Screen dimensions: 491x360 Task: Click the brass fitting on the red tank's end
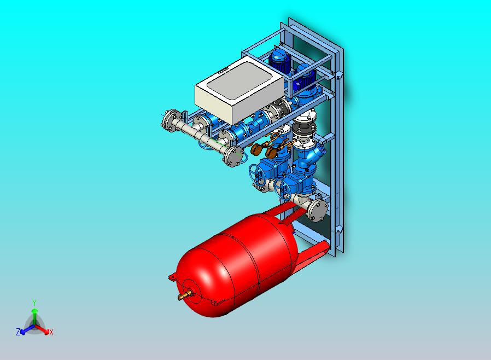coord(185,295)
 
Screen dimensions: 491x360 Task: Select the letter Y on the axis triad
coord(34,303)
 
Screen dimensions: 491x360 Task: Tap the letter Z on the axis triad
coord(18,332)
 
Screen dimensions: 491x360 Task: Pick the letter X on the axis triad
coord(51,332)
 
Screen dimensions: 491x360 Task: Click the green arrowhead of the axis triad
coord(34,310)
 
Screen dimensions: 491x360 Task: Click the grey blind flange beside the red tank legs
coord(318,210)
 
